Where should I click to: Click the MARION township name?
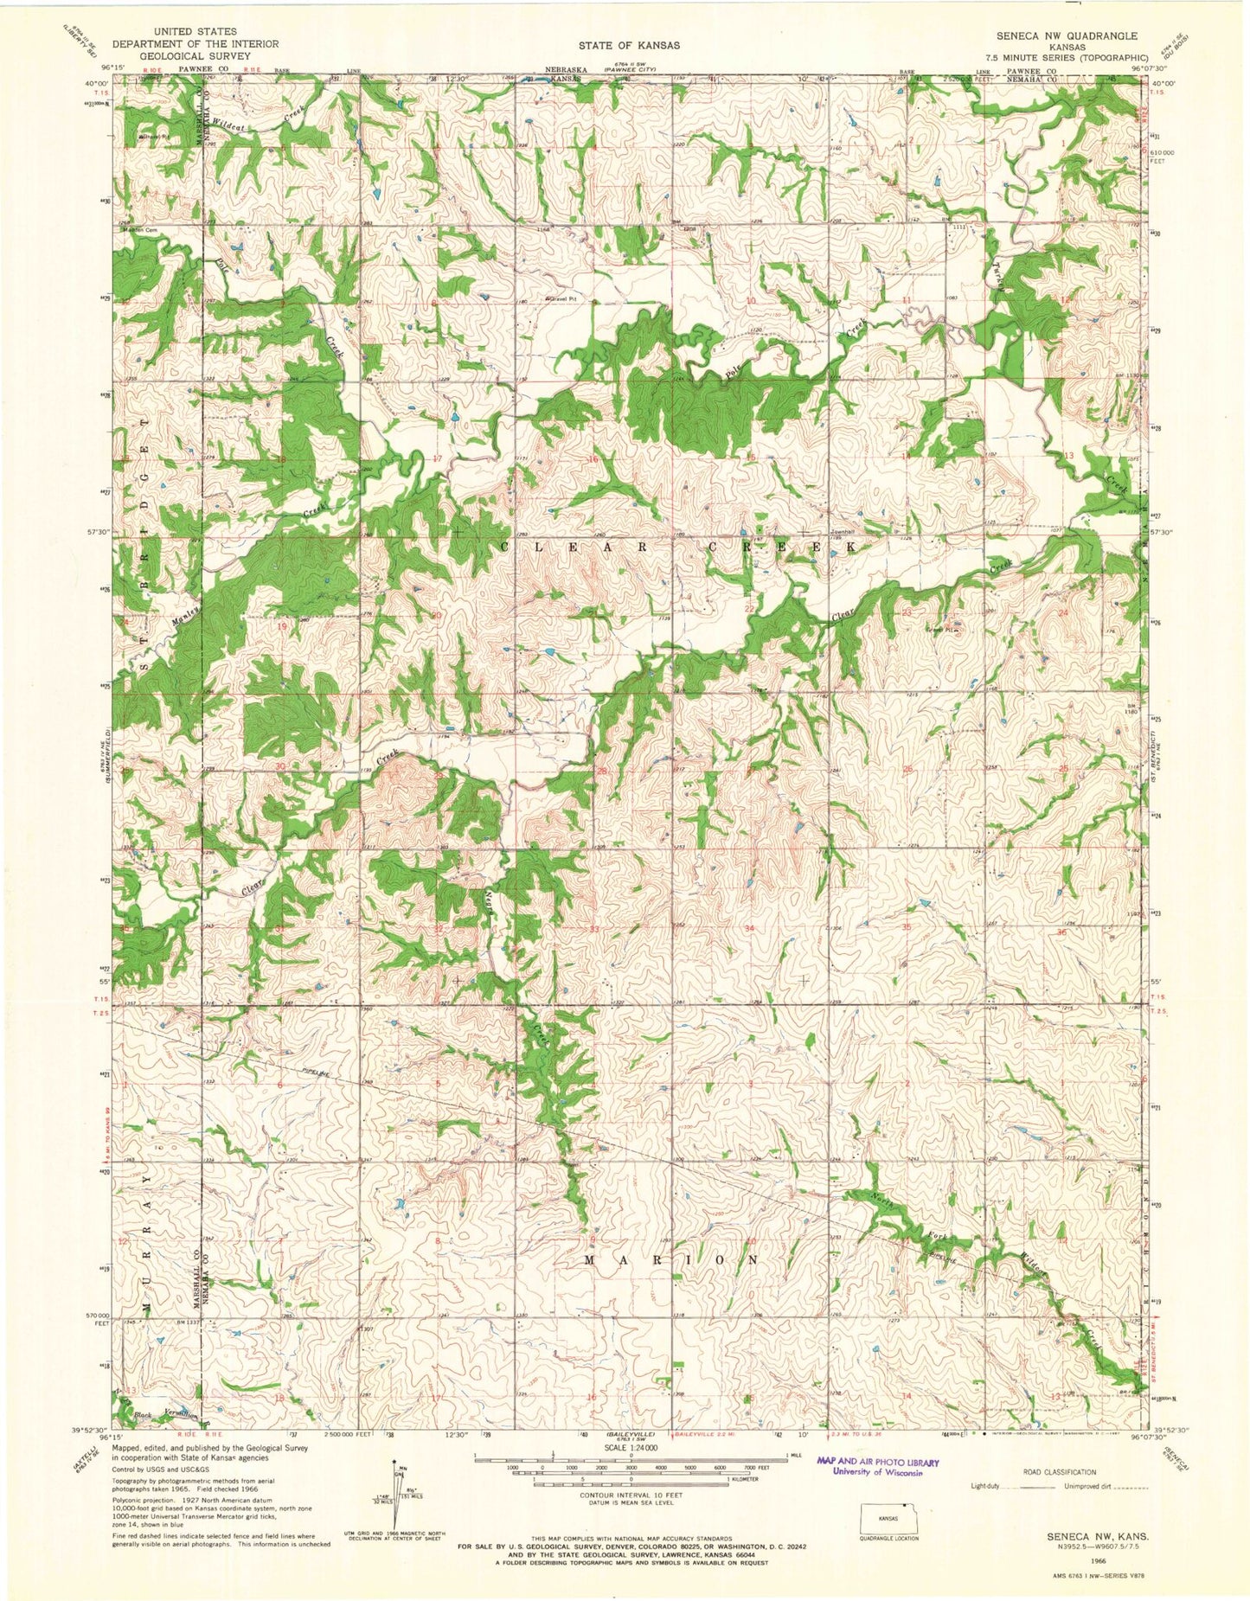coord(672,1260)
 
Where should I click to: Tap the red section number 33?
coord(594,929)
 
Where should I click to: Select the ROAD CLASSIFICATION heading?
coord(1060,1471)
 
